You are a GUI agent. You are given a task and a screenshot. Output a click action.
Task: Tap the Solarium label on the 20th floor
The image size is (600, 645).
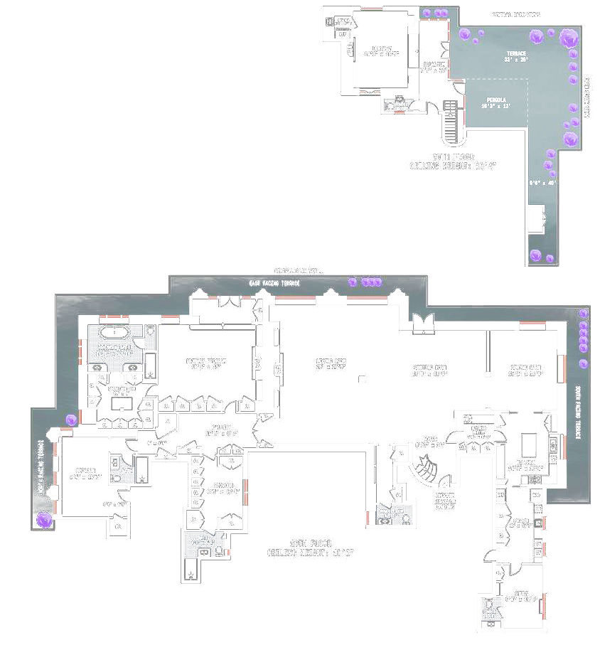click(x=432, y=66)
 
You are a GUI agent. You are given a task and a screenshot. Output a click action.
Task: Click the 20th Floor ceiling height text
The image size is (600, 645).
click(x=453, y=161)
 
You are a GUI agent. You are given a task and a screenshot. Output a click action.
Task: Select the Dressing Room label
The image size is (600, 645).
click(x=121, y=390)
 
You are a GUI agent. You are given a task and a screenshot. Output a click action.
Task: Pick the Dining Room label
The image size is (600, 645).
click(x=526, y=370)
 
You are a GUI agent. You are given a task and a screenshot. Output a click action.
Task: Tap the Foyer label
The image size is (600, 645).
click(x=429, y=442)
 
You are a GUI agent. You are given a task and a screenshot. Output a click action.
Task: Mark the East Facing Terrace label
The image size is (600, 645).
click(x=274, y=284)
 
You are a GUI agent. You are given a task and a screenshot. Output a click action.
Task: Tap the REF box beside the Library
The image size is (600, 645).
click(x=343, y=33)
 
